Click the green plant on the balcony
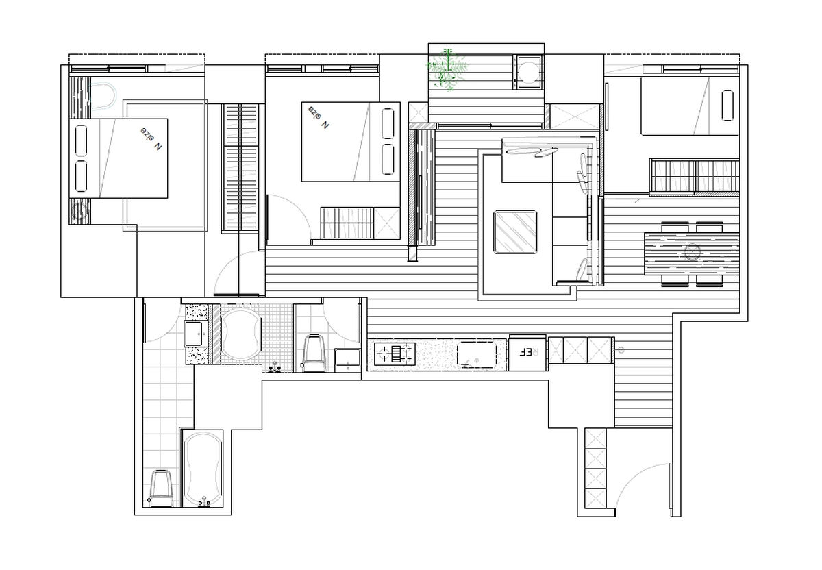pyautogui.click(x=447, y=69)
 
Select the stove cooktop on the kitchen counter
pyautogui.click(x=395, y=354)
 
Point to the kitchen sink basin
pyautogui.click(x=477, y=354)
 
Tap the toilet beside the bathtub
pyautogui.click(x=160, y=488)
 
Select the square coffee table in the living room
pyautogui.click(x=515, y=232)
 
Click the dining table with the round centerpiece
pyautogui.click(x=692, y=253)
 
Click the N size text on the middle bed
pyautogui.click(x=319, y=117)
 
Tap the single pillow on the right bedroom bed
pyautogui.click(x=727, y=106)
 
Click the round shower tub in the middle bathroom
pyautogui.click(x=240, y=334)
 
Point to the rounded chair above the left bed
pyautogui.click(x=103, y=96)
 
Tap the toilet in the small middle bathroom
pyautogui.click(x=315, y=353)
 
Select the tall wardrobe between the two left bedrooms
pyautogui.click(x=240, y=168)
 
